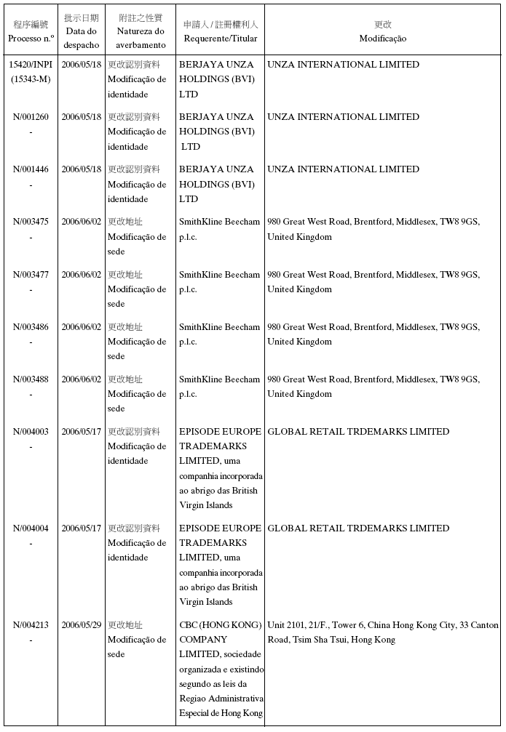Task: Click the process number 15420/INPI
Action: [31, 65]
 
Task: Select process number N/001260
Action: [31, 117]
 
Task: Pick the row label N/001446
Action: [31, 169]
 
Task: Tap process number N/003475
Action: [31, 222]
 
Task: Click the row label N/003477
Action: [31, 274]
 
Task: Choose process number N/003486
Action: [31, 326]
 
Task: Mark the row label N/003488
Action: [31, 379]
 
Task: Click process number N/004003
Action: [31, 431]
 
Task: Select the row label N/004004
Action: [31, 528]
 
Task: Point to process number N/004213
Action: [31, 624]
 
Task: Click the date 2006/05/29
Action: [81, 624]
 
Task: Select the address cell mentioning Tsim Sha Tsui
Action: [382, 632]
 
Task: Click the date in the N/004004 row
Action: [81, 528]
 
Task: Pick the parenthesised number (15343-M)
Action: [31, 79]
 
